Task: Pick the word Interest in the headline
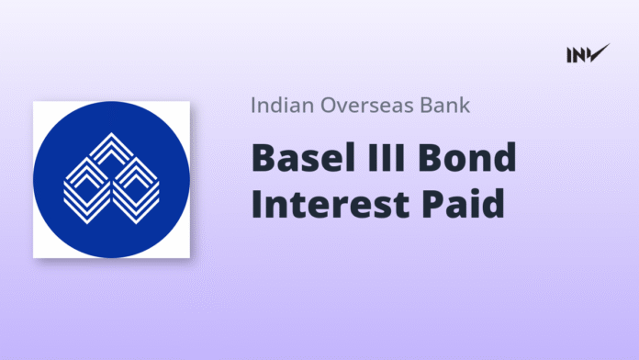click(331, 203)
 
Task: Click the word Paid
click(463, 203)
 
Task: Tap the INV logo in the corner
click(589, 53)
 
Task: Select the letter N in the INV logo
click(579, 55)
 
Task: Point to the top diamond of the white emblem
click(111, 151)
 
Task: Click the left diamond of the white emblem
click(87, 190)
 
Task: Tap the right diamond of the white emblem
click(135, 190)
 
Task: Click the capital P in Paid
click(432, 203)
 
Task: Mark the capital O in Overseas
click(329, 106)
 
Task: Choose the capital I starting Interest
click(257, 203)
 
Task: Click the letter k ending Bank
click(465, 105)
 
